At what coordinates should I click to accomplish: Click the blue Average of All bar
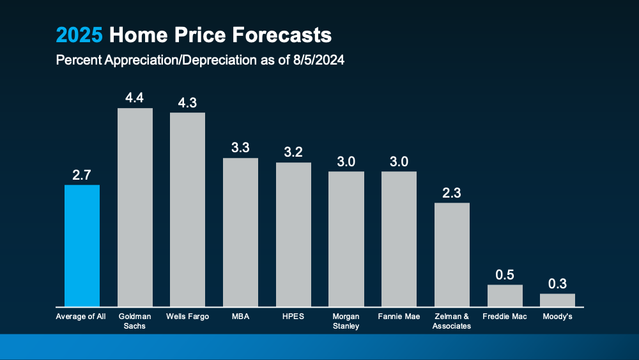[x=82, y=246]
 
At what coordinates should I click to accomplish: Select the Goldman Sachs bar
[x=135, y=207]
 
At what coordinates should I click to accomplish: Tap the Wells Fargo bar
[x=187, y=210]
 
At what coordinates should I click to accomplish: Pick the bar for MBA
[x=240, y=232]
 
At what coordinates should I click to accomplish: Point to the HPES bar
[x=293, y=235]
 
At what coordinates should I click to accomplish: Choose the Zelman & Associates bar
[x=452, y=254]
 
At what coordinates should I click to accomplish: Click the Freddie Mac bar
[x=505, y=295]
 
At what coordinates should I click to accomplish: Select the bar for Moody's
[x=557, y=300]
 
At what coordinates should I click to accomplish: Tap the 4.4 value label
[x=135, y=98]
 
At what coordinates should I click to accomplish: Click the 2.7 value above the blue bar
[x=82, y=175]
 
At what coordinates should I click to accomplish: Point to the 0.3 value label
[x=557, y=283]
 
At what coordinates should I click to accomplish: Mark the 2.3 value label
[x=452, y=192]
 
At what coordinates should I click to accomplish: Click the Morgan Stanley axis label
[x=346, y=321]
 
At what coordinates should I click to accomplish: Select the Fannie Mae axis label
[x=399, y=317]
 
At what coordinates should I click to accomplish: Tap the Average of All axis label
[x=81, y=317]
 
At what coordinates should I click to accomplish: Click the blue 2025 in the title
[x=79, y=35]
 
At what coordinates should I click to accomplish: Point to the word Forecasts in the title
[x=281, y=35]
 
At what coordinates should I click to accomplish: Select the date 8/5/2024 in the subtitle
[x=314, y=61]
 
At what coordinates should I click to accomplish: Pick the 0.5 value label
[x=505, y=274]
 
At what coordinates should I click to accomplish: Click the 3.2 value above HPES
[x=293, y=152]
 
